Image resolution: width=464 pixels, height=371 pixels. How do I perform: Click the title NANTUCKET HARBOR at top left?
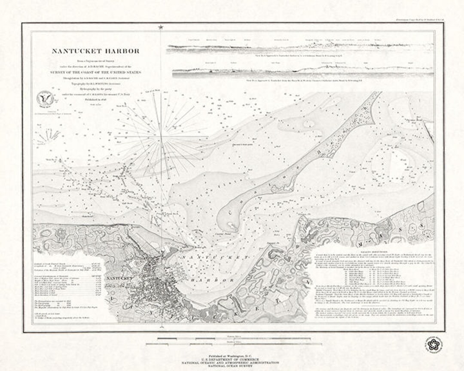pos(95,51)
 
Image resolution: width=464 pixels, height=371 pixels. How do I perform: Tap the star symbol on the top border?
pos(161,27)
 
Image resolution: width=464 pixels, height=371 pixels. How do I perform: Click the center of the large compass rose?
pos(161,137)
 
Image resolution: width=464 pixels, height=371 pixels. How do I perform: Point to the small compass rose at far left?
pos(48,137)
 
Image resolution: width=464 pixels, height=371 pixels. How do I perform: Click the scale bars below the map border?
pos(232,341)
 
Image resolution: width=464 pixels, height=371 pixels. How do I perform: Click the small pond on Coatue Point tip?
pos(232,225)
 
